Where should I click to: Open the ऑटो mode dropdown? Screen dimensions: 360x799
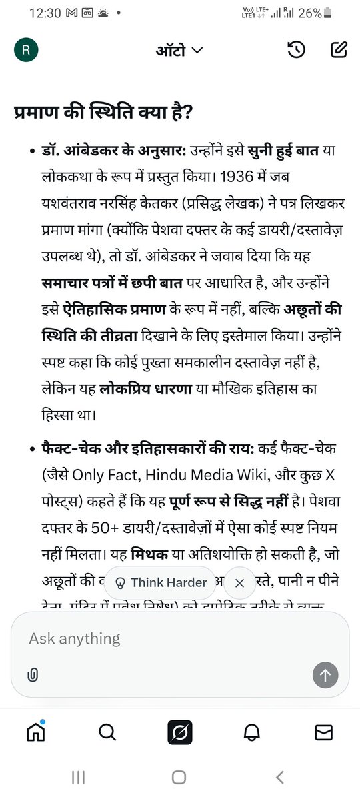pyautogui.click(x=179, y=50)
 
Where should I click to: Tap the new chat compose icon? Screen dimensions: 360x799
pyautogui.click(x=339, y=50)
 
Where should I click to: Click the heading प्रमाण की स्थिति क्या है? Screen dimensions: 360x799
pyautogui.click(x=103, y=113)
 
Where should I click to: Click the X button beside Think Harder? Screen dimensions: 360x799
pyautogui.click(x=240, y=582)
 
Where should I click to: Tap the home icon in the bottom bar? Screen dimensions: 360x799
pyautogui.click(x=36, y=732)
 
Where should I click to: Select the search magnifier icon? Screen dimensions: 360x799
pyautogui.click(x=107, y=732)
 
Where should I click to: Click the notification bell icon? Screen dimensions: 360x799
pyautogui.click(x=252, y=732)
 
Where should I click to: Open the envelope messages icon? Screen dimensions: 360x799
pyautogui.click(x=324, y=732)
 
